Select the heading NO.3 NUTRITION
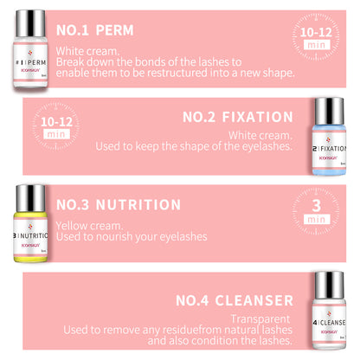[x=119, y=206]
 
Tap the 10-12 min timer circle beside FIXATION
[x=56, y=127]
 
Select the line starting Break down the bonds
[x=151, y=61]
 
